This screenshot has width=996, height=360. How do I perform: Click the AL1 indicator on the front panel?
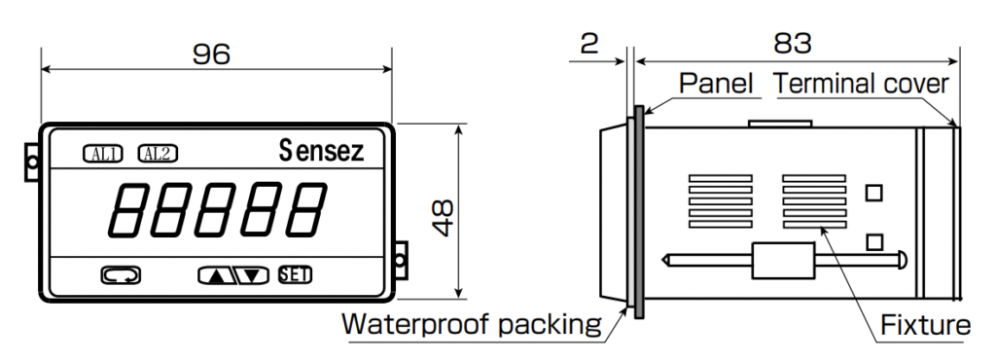[x=102, y=154]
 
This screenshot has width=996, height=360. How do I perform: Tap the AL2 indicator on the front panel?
[x=158, y=154]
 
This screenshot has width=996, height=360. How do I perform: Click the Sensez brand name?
[x=321, y=151]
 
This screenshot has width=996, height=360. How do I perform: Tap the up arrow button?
[x=217, y=275]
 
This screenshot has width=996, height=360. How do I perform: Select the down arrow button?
[x=252, y=275]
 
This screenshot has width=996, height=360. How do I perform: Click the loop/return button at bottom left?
[x=121, y=275]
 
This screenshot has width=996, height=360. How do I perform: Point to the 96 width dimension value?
[x=211, y=54]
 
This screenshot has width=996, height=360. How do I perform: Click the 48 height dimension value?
[x=443, y=218]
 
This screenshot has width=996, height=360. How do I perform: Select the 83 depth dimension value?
[x=792, y=43]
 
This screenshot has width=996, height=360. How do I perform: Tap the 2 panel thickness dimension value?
[x=588, y=43]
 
